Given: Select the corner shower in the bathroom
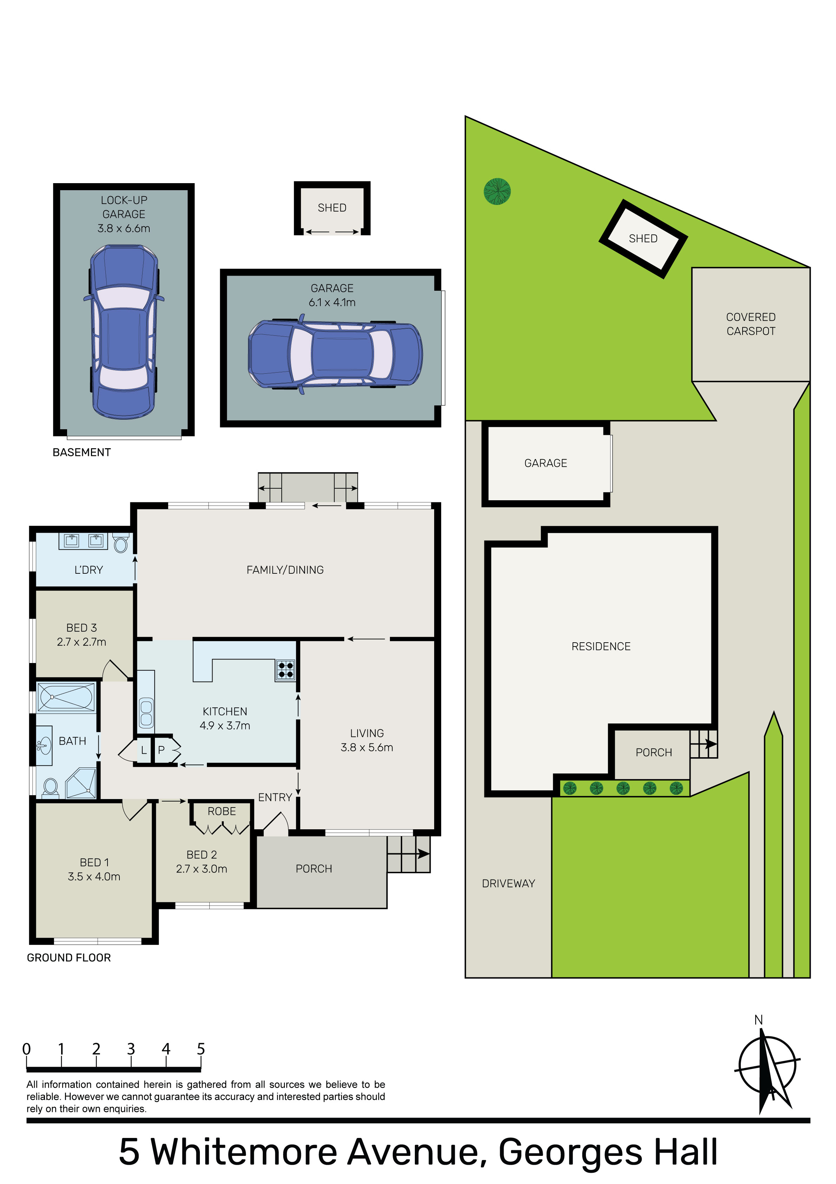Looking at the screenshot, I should pos(82,783).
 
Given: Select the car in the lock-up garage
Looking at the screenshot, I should pos(124,332).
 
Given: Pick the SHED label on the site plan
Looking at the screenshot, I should pos(643,238).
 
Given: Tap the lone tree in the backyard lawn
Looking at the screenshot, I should pos(497,191).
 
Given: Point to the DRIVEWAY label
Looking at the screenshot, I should pos(508,883).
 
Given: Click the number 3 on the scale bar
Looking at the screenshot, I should pos(131,1049).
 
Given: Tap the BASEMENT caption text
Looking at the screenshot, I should pos(81,452).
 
